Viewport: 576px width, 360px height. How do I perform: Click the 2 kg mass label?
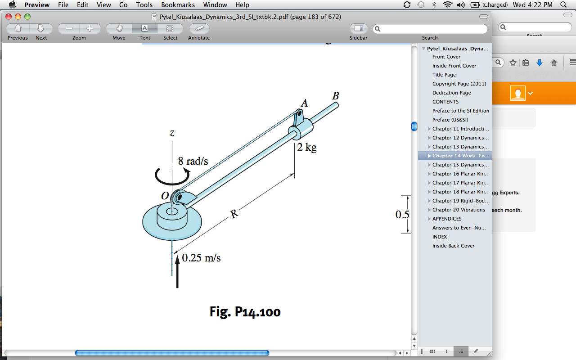pos(307,147)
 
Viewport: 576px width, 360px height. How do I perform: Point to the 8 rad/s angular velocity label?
pos(193,161)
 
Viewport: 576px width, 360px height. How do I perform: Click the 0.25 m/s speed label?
pos(201,258)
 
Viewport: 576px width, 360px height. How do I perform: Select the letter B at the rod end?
pos(335,96)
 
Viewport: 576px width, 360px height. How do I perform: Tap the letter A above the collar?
pos(304,103)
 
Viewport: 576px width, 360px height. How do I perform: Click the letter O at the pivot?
pos(165,196)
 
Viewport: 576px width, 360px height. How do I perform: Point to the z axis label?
pos(172,133)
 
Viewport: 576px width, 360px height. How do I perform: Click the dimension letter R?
pos(234,214)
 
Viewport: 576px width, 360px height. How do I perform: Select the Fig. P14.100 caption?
pos(245,311)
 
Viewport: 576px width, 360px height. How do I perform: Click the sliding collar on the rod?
pos(301,130)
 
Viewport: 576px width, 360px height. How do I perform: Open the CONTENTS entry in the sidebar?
pos(445,102)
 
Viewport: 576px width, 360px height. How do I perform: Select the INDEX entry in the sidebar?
pos(440,237)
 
